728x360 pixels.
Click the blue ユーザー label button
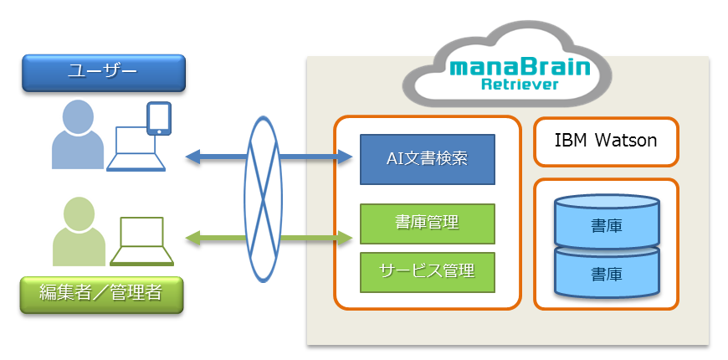tap(104, 73)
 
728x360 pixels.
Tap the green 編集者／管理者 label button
tap(101, 295)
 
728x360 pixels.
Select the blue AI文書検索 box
tap(427, 159)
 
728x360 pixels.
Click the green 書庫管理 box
tap(427, 224)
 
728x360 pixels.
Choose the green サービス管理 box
tap(427, 272)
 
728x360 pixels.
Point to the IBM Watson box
tap(606, 141)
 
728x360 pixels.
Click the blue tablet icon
tap(159, 119)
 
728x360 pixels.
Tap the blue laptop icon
tap(136, 149)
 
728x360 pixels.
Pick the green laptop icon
tap(141, 241)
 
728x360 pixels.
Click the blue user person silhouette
tap(78, 134)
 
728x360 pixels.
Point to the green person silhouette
tap(79, 231)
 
